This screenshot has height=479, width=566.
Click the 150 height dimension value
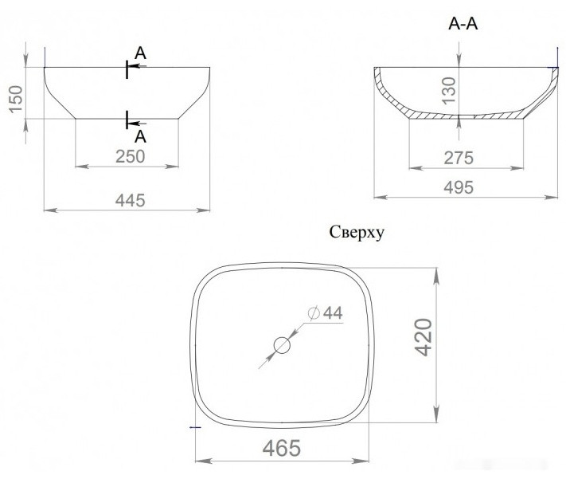(16, 99)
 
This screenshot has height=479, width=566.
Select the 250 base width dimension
(131, 156)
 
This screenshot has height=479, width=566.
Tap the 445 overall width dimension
(131, 200)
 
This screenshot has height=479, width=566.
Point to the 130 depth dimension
(450, 90)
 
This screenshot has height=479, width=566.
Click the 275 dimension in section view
(459, 158)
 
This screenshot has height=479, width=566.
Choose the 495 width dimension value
(459, 187)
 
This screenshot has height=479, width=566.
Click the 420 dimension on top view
(424, 337)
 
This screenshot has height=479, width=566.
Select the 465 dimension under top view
(282, 448)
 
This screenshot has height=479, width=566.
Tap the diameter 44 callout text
(326, 312)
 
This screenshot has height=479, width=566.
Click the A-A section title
(463, 24)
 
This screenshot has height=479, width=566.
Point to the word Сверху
(357, 233)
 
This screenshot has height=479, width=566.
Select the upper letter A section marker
(140, 53)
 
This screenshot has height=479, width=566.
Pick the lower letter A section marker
(140, 136)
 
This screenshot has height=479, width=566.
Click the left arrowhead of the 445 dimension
(50, 210)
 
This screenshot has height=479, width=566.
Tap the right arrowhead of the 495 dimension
(551, 197)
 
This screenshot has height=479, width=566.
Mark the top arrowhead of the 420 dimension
(436, 277)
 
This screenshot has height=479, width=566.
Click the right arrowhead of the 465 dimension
(361, 461)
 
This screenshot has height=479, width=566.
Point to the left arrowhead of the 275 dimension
(416, 167)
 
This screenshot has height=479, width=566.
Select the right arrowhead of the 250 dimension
(172, 167)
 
